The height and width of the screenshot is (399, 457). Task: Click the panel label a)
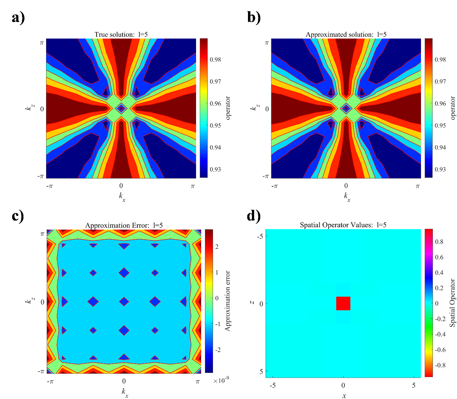tap(18, 17)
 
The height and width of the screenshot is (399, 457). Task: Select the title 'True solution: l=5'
tap(121, 35)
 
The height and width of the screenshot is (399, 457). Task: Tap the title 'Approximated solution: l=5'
tap(346, 35)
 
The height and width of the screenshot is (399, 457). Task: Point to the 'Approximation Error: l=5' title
tap(124, 226)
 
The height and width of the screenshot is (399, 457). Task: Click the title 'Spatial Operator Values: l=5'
tap(343, 225)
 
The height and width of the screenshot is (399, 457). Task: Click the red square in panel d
tap(343, 303)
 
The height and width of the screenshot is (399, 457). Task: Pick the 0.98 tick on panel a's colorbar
tap(216, 59)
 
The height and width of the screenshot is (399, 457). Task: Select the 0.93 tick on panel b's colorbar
tap(440, 169)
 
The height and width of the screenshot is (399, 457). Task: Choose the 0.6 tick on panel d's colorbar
tap(439, 257)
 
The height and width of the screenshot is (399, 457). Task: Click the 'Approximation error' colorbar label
tap(227, 301)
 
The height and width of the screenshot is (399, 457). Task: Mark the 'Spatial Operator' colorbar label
tap(453, 303)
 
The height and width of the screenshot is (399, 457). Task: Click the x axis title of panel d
tap(344, 396)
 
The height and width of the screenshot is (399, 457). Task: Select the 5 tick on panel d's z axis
tap(261, 371)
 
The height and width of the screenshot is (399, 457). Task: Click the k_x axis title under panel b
tap(346, 197)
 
